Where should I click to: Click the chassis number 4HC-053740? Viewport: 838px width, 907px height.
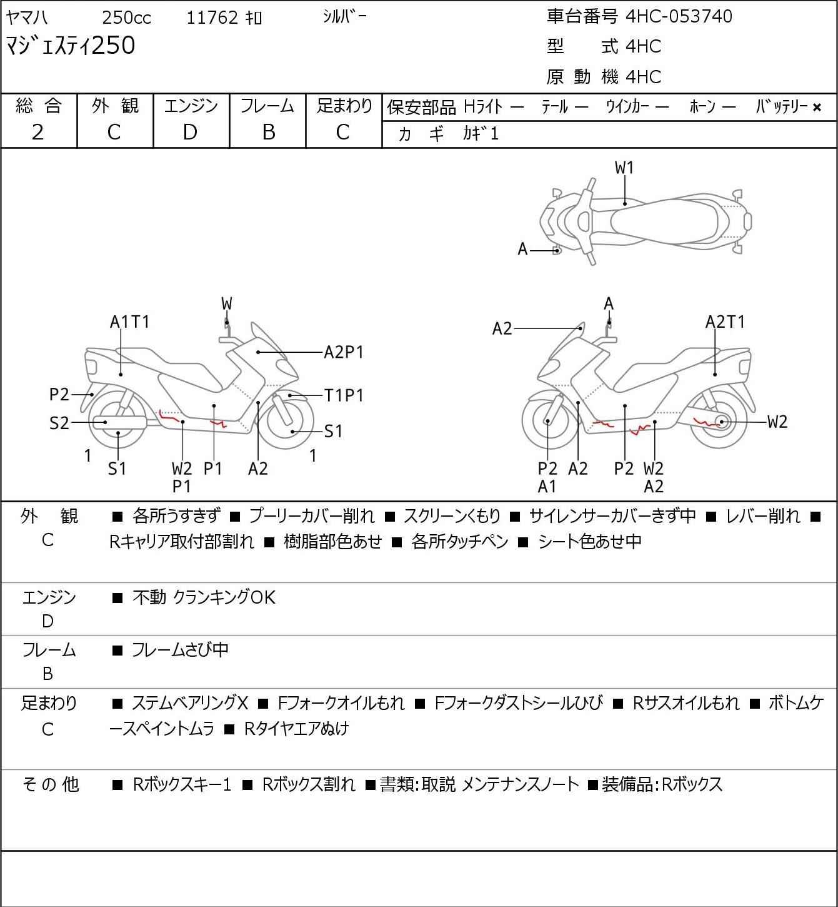pos(679,16)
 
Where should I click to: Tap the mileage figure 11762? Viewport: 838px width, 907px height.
pos(212,18)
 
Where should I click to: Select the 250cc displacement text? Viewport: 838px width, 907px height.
pos(126,18)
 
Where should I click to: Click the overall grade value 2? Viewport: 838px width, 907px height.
pos(37,132)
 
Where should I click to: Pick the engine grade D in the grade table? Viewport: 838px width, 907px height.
pos(190,132)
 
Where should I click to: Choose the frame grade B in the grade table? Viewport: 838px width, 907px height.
pos(268,132)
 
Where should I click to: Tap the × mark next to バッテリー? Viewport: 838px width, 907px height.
pos(817,108)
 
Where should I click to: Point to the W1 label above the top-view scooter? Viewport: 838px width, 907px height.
pos(624,168)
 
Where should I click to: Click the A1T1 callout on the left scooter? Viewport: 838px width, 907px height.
pos(130,322)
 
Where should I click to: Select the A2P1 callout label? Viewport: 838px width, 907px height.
pos(343,353)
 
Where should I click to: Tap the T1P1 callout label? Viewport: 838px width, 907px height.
pos(343,395)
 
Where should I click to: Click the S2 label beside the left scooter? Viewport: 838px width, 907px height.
pos(59,423)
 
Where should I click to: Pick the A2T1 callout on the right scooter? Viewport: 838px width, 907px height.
pos(725,322)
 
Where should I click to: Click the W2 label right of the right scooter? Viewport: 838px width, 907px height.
pos(777,422)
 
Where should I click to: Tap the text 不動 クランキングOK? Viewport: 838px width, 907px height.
pos(204,597)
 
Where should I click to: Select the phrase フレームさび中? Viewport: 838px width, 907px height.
pos(180,651)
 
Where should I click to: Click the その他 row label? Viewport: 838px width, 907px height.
pos(50,784)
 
